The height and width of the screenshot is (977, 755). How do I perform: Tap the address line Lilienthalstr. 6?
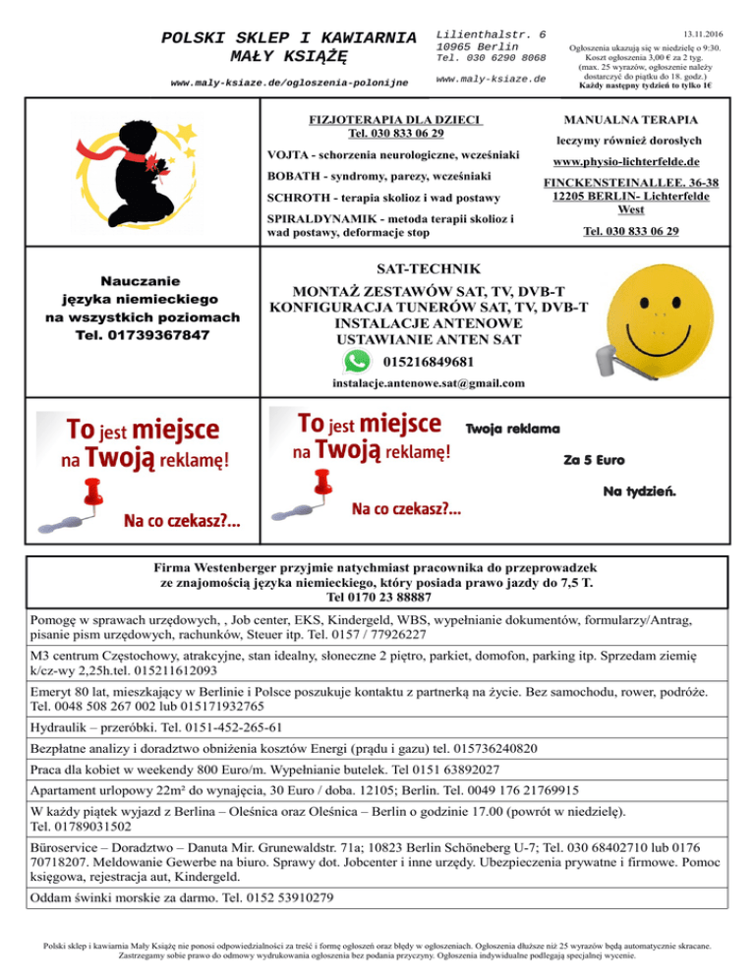pos(491,33)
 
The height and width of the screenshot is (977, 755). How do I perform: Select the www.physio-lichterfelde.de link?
pos(625,161)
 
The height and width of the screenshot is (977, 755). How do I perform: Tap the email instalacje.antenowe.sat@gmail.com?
pos(429,382)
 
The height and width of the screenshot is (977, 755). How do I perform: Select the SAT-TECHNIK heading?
pos(429,268)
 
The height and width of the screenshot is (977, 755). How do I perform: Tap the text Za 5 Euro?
pos(594,459)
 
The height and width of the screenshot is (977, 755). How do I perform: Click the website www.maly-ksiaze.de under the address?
pos(490,78)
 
